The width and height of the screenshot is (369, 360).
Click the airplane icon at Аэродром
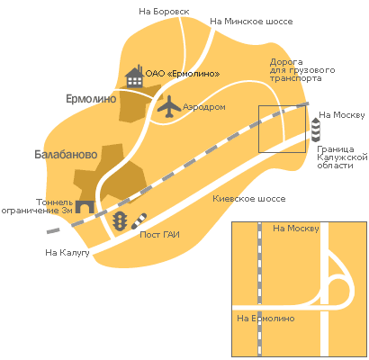tap(169, 107)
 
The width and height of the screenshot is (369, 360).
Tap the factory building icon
tap(134, 76)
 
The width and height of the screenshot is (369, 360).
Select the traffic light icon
tap(120, 221)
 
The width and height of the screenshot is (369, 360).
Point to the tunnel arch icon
tap(85, 207)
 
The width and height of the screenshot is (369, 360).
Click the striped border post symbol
tap(316, 130)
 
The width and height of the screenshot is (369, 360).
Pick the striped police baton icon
tap(139, 221)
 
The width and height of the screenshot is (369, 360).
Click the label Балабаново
tap(66, 155)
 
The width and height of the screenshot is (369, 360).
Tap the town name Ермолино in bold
tap(91, 99)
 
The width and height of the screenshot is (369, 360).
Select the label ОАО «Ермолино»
tap(183, 74)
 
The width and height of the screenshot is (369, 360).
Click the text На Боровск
tap(164, 12)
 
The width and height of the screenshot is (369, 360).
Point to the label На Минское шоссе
tap(251, 22)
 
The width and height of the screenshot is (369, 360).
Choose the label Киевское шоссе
tap(249, 199)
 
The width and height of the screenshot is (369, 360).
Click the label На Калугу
tap(67, 253)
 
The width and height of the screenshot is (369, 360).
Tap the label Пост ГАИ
tap(160, 235)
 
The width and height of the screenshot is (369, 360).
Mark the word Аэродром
tap(204, 107)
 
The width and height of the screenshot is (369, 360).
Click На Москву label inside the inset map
tap(296, 229)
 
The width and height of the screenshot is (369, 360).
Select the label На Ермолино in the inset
tap(265, 319)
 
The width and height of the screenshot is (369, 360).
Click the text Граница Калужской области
tap(342, 157)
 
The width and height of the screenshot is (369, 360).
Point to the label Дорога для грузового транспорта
tap(302, 70)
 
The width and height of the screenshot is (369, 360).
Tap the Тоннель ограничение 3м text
tap(37, 206)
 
